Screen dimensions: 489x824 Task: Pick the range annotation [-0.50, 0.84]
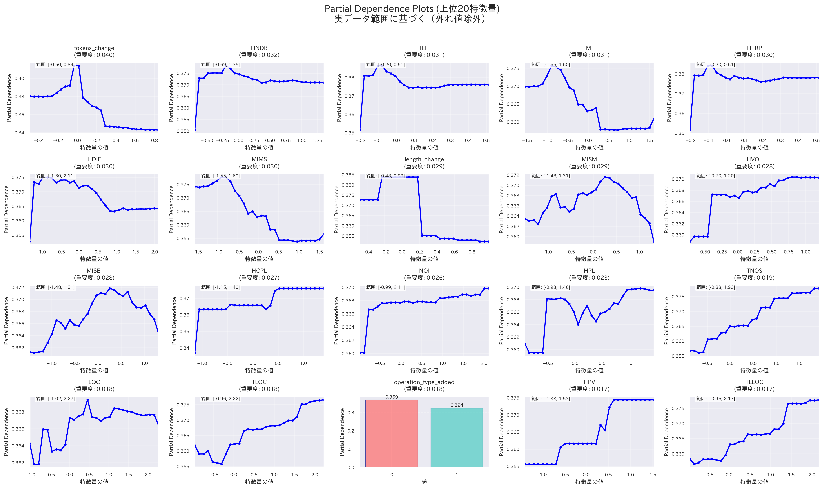(x=55, y=65)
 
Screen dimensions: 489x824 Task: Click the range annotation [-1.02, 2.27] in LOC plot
(x=55, y=399)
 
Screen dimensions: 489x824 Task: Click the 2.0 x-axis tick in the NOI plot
(x=483, y=363)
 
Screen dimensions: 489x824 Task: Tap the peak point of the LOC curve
(x=87, y=400)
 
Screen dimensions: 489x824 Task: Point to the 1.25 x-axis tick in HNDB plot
(x=317, y=140)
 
